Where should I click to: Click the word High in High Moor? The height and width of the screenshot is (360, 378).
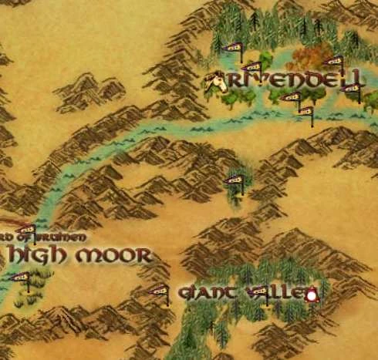pos(38,254)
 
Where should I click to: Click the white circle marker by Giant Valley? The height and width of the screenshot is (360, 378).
pos(312,295)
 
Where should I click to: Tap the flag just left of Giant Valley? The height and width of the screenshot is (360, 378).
pos(160,291)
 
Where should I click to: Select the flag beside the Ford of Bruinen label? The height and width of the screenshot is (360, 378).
pos(26,230)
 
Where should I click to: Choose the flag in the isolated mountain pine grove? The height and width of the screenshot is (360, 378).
pos(235,182)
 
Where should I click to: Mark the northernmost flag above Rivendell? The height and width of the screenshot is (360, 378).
pos(232,49)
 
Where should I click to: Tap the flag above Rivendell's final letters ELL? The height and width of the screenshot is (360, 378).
pos(334,62)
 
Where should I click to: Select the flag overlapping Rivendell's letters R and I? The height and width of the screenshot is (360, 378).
pos(251,69)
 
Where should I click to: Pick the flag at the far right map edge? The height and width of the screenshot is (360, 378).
pos(353,89)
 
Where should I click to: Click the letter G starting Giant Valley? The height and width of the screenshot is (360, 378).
pos(184,293)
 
